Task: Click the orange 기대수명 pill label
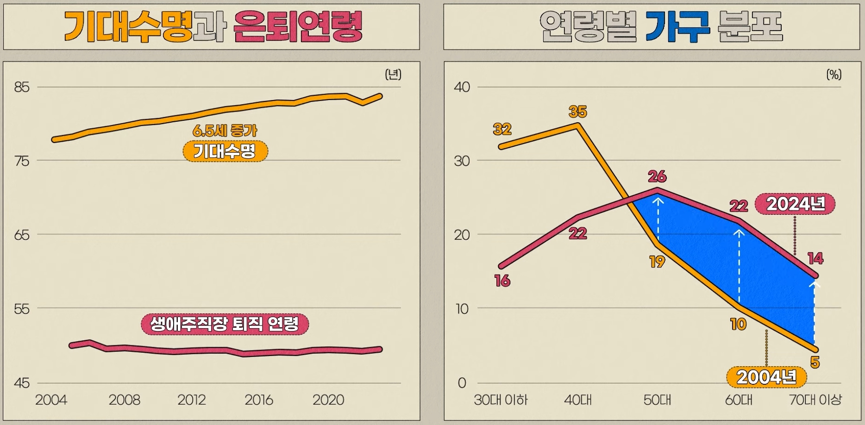225,151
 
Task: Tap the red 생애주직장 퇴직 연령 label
225,324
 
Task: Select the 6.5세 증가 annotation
225,131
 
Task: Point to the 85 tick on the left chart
22,87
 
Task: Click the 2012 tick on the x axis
191,400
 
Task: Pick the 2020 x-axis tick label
328,400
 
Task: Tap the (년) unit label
393,74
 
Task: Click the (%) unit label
834,75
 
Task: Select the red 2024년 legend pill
795,204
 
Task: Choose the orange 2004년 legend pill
766,377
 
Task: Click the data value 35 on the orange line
577,112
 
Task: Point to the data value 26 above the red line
657,176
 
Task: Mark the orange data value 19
657,262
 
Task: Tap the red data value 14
815,258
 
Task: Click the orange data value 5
815,362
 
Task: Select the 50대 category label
657,400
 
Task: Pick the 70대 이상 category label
815,400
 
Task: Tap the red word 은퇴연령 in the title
298,27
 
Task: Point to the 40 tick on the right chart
462,87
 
